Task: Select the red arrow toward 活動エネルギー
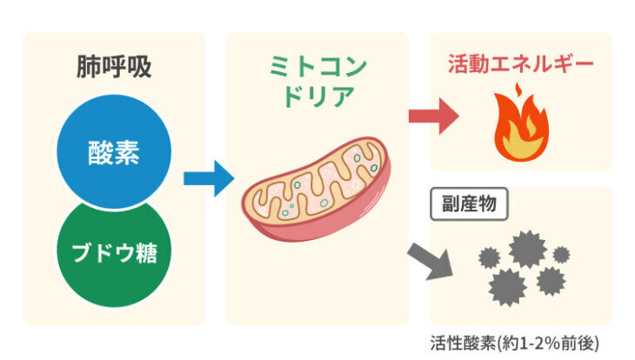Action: [x=433, y=116]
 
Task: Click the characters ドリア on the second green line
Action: [x=317, y=97]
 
